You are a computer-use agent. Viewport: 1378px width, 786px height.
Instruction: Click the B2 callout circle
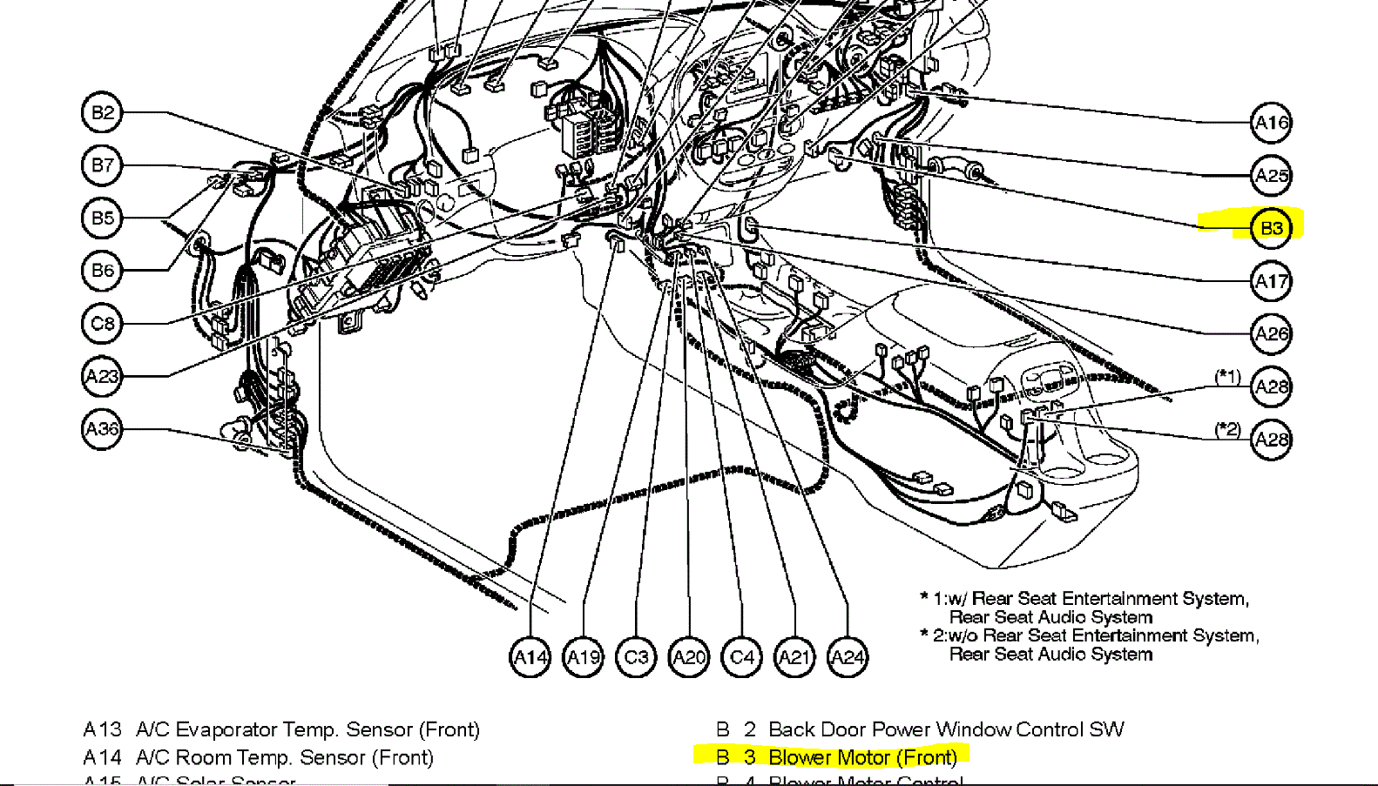[102, 113]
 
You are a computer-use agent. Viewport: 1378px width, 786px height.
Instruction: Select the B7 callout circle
[102, 165]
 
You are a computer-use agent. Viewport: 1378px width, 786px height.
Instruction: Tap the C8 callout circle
[102, 324]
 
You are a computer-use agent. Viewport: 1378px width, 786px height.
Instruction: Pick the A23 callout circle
[102, 376]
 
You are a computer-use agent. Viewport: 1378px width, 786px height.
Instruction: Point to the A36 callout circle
[102, 429]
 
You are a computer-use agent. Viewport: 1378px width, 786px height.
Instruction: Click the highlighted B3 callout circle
[1271, 228]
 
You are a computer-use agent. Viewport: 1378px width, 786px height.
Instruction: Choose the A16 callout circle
[1271, 123]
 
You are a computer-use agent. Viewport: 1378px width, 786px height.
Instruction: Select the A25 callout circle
[1271, 176]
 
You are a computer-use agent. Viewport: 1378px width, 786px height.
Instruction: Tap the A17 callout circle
[1271, 281]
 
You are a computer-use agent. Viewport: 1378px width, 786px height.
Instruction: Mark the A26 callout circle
[1271, 334]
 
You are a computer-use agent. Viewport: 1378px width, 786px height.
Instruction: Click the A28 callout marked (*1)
[1271, 387]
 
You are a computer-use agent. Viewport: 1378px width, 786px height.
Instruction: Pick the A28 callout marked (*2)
[1271, 440]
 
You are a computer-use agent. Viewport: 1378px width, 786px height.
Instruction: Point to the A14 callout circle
[530, 657]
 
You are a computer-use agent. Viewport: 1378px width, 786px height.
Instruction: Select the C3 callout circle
[636, 657]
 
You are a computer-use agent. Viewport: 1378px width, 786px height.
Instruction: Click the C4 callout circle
[742, 657]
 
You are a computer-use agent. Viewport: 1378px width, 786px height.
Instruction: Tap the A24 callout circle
[848, 657]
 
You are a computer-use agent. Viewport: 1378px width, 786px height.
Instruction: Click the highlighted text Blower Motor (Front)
[862, 757]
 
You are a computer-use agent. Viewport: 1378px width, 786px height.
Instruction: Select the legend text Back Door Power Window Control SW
[946, 729]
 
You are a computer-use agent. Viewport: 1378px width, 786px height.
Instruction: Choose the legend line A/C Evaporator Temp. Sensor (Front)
[307, 729]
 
